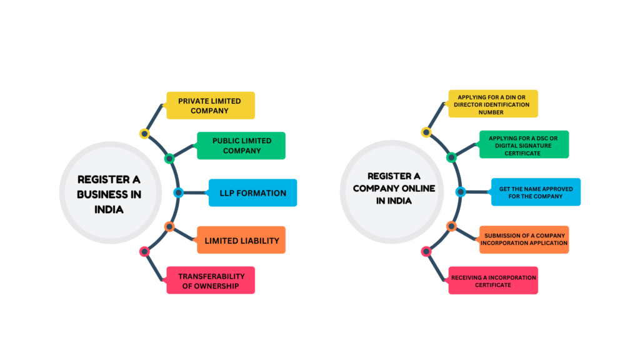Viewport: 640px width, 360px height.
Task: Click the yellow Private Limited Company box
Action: coord(211,105)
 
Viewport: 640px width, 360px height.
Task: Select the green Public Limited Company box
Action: coord(241,145)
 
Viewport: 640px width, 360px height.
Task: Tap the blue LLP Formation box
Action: coord(252,192)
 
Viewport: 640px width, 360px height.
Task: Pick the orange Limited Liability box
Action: coord(241,240)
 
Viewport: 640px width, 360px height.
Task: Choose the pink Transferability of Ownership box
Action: coord(211,281)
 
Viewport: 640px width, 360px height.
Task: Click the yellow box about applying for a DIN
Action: coord(493,104)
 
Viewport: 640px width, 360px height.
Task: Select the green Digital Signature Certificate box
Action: coord(524,144)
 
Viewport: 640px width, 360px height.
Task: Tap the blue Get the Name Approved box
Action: coord(536,192)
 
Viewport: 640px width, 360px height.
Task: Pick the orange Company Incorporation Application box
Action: coord(524,239)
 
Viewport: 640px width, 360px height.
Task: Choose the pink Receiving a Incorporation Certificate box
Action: coord(493,281)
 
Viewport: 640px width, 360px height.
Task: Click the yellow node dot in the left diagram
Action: coord(144,133)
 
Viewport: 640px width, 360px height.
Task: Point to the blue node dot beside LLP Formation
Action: coord(177,192)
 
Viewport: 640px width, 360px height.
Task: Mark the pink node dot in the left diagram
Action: coord(144,251)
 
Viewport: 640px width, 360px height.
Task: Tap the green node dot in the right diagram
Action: coord(451,157)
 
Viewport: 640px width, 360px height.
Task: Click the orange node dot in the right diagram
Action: coord(451,226)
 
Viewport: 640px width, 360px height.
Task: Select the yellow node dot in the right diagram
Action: coord(426,132)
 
